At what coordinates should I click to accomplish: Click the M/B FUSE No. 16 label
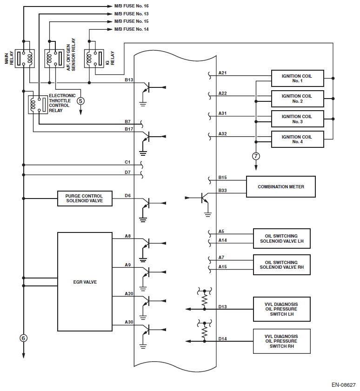pos(132,7)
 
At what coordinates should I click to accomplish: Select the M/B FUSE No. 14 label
pos(132,29)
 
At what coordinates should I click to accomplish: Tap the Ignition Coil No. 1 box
pos(298,78)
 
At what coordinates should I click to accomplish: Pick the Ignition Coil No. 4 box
pos(298,139)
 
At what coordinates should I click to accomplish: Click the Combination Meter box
pos(281,186)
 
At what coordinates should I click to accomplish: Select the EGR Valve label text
pos(85,282)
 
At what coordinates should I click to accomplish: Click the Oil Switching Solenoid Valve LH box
pos(281,238)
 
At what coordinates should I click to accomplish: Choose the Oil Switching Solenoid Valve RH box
pos(281,265)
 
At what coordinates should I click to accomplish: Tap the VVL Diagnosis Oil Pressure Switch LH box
pos(281,309)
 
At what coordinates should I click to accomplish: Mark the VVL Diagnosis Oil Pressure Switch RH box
pos(281,341)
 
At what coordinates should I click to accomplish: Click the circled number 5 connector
pos(81,100)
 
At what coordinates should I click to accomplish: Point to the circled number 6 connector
pos(23,338)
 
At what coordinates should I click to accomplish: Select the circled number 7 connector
pos(256,156)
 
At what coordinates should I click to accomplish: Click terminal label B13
pos(129,80)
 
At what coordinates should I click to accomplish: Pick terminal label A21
pos(223,73)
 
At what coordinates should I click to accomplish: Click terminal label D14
pos(223,338)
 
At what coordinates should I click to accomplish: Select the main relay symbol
pos(25,58)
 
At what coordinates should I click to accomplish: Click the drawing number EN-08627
pos(343,385)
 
